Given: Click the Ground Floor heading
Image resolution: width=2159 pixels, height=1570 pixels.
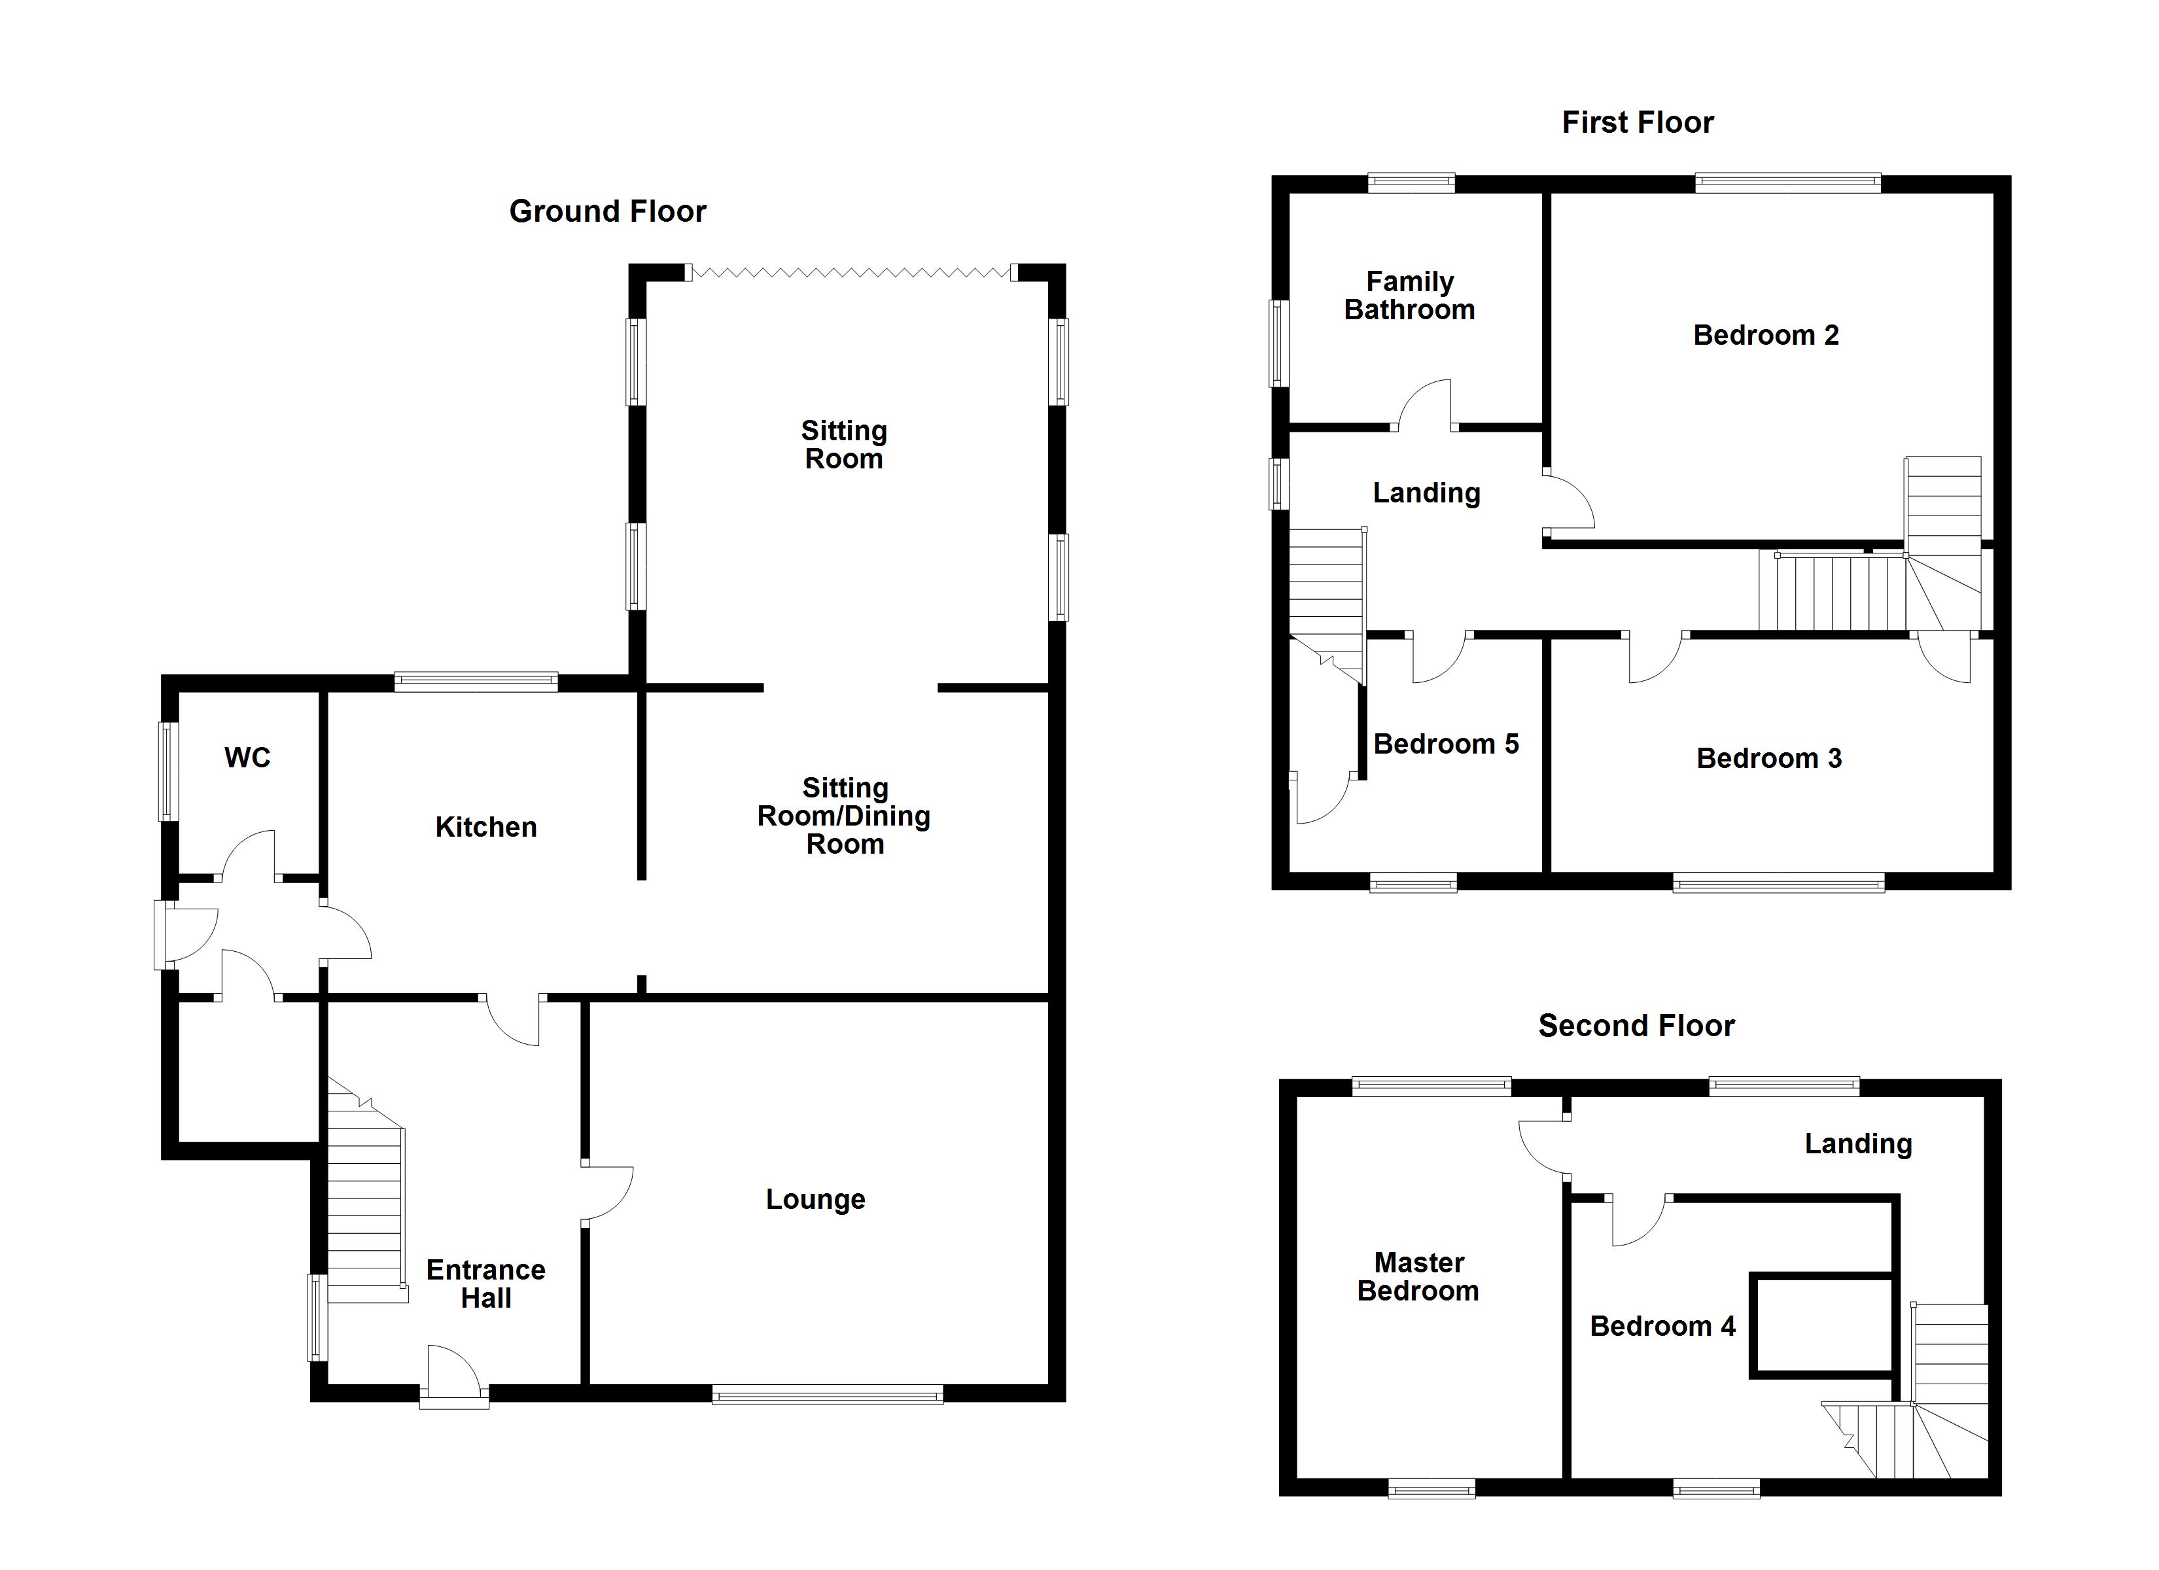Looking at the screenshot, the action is (x=607, y=211).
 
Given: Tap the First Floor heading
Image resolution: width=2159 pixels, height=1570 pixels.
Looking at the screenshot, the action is (x=1638, y=123).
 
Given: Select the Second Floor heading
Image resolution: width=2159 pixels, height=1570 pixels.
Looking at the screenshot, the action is (x=1636, y=1025).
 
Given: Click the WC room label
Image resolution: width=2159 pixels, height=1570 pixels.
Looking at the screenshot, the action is (x=247, y=758).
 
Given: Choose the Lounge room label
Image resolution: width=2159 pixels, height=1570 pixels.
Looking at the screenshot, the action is (x=816, y=1200).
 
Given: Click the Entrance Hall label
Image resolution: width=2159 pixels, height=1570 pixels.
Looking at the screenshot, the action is (x=485, y=1283).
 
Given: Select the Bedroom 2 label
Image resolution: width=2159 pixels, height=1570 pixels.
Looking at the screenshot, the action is (x=1766, y=335).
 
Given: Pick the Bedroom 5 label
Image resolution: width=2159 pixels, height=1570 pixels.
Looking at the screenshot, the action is (x=1446, y=744).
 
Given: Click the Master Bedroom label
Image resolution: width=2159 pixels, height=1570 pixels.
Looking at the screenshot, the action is (x=1418, y=1277).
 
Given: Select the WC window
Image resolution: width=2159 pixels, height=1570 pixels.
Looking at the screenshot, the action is (x=169, y=771).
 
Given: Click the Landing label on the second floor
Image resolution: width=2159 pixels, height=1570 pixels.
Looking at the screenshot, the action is (x=1858, y=1144).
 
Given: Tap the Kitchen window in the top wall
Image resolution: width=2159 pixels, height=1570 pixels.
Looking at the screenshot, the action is (x=476, y=681).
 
